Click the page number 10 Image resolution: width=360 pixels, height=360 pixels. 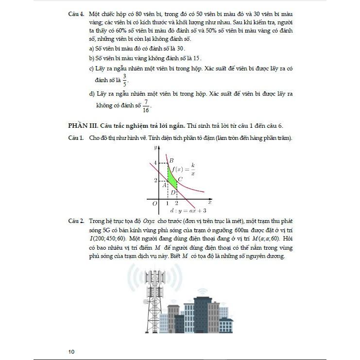(71, 351)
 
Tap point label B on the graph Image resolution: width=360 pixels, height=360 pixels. (171, 160)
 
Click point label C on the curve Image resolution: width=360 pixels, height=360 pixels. (180, 179)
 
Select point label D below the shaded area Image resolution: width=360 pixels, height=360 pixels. (173, 192)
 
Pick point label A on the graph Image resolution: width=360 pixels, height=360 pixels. (165, 185)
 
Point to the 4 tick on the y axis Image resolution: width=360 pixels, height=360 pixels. (155, 162)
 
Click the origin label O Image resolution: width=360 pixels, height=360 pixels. (154, 204)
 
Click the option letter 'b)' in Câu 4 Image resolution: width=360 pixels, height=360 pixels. (92, 59)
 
